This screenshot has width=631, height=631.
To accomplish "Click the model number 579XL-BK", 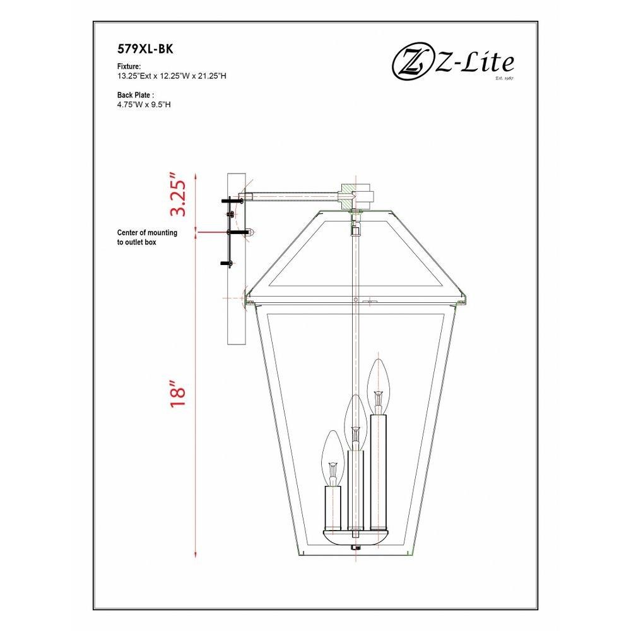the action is pos(145,49).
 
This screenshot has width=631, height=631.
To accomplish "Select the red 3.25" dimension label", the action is pos(177,195).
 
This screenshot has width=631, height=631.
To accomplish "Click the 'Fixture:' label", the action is pos(129,66).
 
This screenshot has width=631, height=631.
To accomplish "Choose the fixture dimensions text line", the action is pos(172,76).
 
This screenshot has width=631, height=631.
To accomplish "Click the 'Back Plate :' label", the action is pos(136,95).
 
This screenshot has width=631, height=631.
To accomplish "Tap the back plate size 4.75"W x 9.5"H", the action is pos(144,105).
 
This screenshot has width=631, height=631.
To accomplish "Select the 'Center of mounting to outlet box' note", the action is pos(147,237).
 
